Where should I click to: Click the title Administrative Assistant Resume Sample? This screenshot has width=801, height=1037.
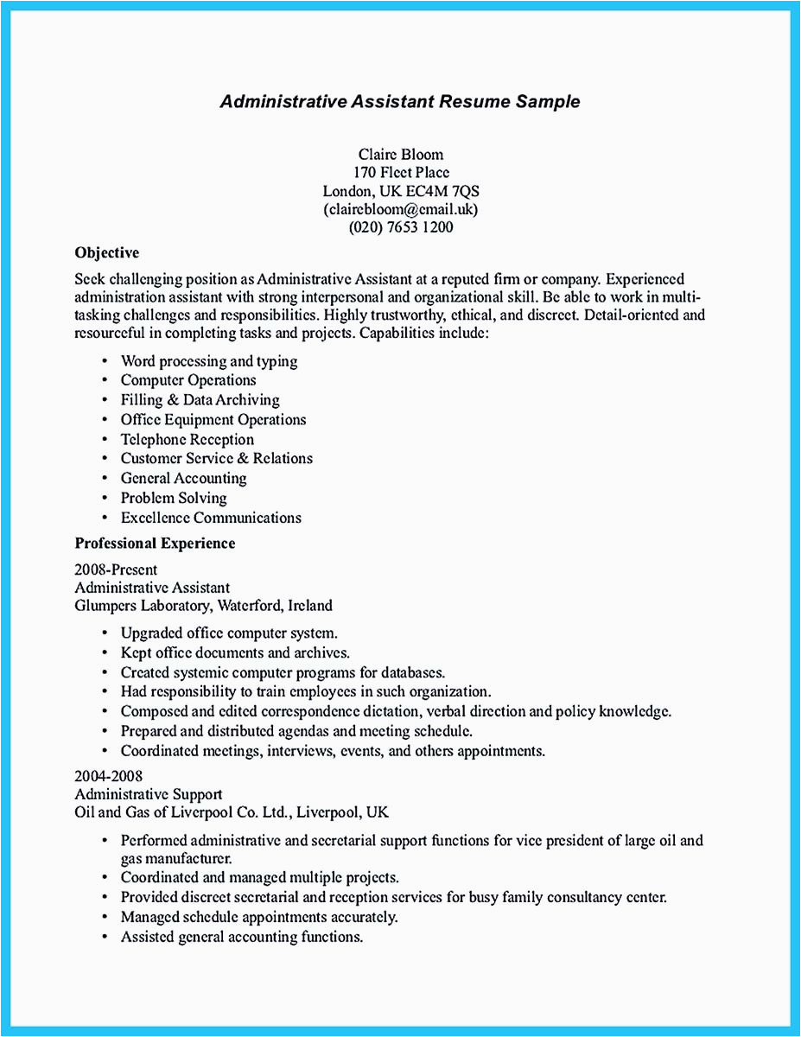coord(400,102)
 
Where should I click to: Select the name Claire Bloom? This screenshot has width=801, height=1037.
coord(400,154)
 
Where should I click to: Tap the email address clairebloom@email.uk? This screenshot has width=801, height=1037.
coord(400,209)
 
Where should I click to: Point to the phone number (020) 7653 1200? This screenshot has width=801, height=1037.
coord(400,228)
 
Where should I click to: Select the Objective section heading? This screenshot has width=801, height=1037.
coord(107,253)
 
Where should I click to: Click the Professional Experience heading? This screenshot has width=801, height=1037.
coord(155,544)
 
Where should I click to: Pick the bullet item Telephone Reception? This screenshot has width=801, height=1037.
coord(187,439)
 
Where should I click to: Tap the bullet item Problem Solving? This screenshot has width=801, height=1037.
coord(173,498)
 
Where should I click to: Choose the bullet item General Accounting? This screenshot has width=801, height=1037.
coord(183,478)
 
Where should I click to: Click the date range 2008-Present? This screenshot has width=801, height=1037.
coord(116,569)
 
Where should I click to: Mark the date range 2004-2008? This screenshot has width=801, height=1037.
coord(109,775)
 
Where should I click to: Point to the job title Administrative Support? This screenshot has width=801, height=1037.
coord(149,793)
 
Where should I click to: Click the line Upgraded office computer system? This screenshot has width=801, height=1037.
coord(229,633)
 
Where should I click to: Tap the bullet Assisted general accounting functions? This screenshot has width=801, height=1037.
coord(241,937)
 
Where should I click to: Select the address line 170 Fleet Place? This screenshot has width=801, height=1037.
coord(400,173)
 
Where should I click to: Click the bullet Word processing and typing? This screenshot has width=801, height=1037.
coord(208,360)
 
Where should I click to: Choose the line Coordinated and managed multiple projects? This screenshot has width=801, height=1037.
coord(259,877)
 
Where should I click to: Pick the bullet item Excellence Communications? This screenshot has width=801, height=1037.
coord(211,518)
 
